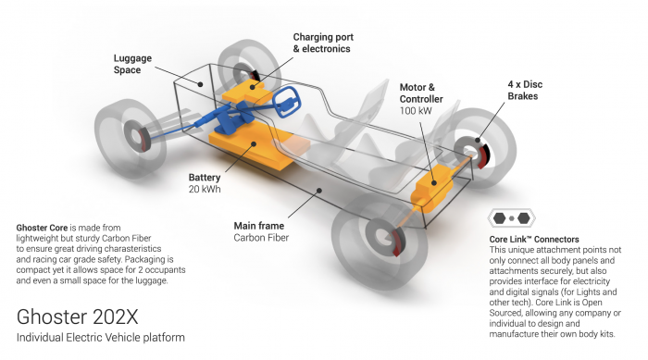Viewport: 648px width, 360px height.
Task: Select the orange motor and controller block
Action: pyautogui.click(x=432, y=188)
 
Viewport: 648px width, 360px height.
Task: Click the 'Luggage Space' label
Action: pyautogui.click(x=132, y=64)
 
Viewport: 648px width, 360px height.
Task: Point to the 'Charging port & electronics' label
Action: pyautogui.click(x=323, y=43)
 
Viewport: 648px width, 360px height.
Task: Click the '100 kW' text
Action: pyautogui.click(x=416, y=111)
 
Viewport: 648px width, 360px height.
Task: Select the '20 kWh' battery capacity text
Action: pyautogui.click(x=205, y=190)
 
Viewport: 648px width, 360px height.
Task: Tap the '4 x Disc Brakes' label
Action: pyautogui.click(x=525, y=90)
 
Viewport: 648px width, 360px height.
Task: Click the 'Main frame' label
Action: pyautogui.click(x=259, y=226)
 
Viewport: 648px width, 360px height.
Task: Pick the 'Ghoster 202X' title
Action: pyautogui.click(x=77, y=317)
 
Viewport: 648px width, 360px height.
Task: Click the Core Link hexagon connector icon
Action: pyautogui.click(x=511, y=218)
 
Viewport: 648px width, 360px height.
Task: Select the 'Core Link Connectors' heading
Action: pyautogui.click(x=534, y=240)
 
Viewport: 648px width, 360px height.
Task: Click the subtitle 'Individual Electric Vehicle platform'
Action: pyautogui.click(x=100, y=338)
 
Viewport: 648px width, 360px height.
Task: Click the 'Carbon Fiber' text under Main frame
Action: pyautogui.click(x=261, y=238)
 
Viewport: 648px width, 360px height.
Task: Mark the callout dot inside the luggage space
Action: pyautogui.click(x=200, y=84)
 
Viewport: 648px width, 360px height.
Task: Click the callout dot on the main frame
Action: pyautogui.click(x=319, y=190)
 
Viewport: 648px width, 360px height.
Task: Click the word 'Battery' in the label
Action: pyautogui.click(x=205, y=178)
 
